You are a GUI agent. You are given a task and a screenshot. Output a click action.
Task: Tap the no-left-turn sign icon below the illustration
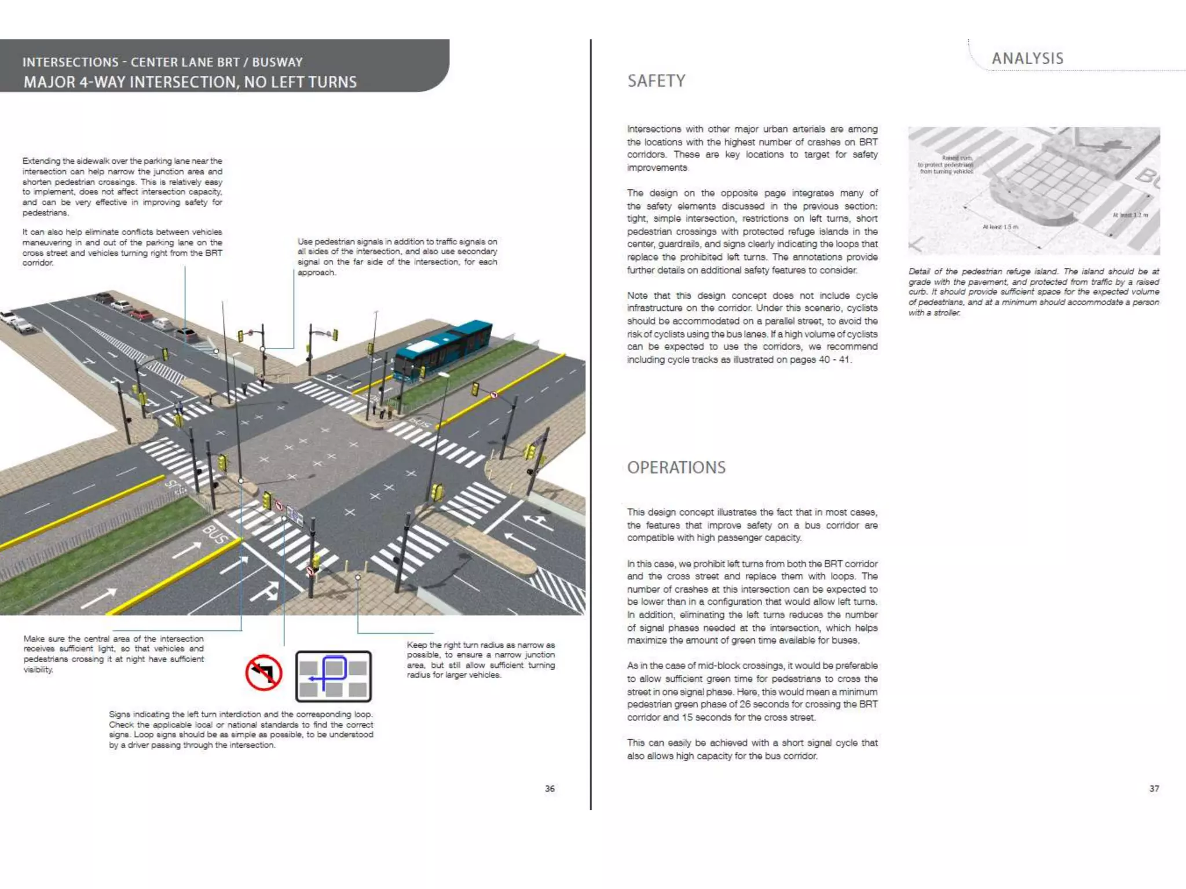click(263, 673)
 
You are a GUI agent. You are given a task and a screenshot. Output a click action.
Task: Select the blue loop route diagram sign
click(334, 676)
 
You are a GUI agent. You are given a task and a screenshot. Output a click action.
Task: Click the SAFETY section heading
click(656, 81)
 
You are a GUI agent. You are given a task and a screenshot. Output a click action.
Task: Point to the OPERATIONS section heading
click(676, 468)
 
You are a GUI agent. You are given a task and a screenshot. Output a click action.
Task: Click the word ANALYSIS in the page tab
click(1027, 58)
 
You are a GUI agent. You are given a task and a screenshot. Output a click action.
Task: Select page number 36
click(550, 788)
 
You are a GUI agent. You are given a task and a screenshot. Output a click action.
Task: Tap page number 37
click(1154, 788)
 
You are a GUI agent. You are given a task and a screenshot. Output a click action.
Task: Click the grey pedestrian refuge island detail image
click(1034, 190)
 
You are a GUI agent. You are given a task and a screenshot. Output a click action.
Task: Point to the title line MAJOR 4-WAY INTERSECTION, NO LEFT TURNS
click(190, 82)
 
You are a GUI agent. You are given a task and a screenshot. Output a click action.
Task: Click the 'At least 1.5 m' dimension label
click(1000, 227)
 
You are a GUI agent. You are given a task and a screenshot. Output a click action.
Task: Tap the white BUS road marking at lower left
click(215, 535)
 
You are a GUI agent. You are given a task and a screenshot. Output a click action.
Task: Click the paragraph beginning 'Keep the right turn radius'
click(481, 660)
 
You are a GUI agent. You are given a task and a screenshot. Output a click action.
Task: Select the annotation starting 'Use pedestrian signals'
click(397, 257)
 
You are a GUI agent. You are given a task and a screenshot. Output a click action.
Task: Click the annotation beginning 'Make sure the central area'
click(114, 654)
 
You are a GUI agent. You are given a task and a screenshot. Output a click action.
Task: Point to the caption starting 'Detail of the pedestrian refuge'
click(1034, 292)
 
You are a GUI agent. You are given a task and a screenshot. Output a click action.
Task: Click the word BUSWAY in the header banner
click(277, 62)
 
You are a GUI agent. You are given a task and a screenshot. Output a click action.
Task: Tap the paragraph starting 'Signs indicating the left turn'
click(241, 729)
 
